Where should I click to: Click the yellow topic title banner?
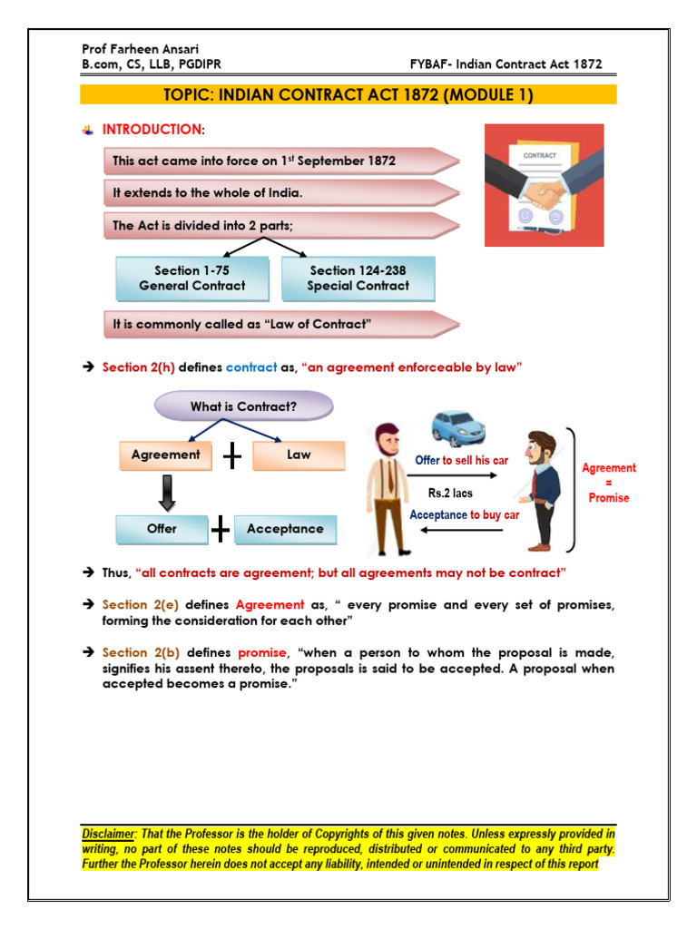[348, 95]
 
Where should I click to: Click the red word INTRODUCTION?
[151, 130]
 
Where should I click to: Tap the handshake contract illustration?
[544, 185]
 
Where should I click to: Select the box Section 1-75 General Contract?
[192, 278]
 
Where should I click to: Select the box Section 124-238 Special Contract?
[358, 278]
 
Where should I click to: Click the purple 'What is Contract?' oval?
[243, 406]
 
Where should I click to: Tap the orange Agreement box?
[165, 455]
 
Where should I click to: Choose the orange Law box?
[299, 455]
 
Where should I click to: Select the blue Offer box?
[162, 529]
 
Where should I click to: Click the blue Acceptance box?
[285, 529]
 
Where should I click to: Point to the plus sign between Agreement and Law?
[232, 456]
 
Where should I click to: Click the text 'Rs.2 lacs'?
[451, 494]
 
